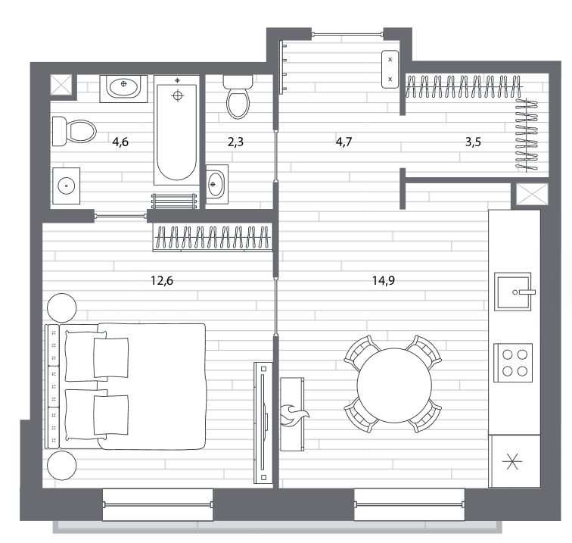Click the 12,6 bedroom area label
tap(162, 280)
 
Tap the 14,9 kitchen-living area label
tap(384, 280)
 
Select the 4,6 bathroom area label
tap(120, 142)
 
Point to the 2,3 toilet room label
tap(235, 142)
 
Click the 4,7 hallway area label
tap(344, 142)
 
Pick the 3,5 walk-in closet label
tap(473, 142)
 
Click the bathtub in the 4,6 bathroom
tap(177, 130)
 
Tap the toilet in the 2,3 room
tap(238, 97)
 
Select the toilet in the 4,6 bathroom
tap(74, 131)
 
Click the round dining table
tap(394, 385)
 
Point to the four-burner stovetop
tap(513, 363)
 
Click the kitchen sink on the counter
tap(513, 292)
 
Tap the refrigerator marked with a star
tap(514, 461)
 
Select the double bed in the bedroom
tap(126, 386)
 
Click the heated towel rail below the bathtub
tap(174, 201)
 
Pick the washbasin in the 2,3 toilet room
tap(217, 184)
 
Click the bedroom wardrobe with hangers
tap(213, 237)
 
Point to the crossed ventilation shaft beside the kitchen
tap(532, 195)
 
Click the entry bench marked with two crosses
tap(390, 70)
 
